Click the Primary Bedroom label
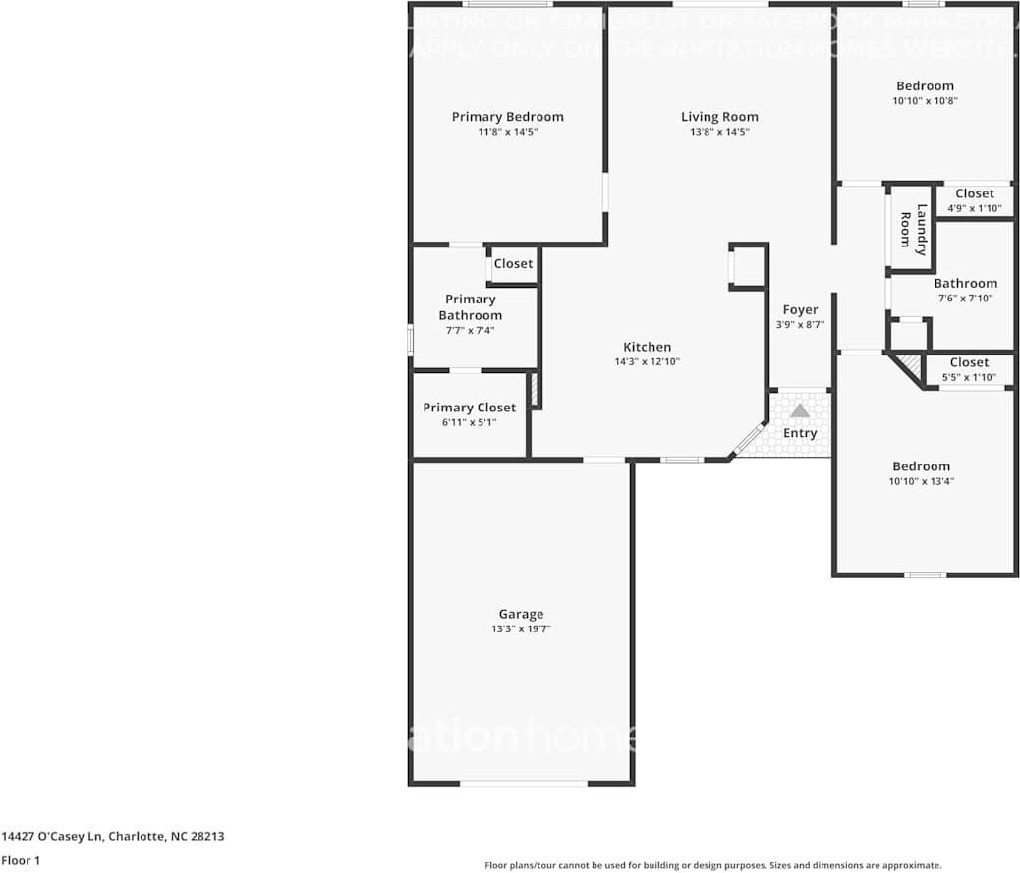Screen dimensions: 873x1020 507,117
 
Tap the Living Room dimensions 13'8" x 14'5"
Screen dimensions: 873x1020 719,132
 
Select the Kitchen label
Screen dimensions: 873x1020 647,347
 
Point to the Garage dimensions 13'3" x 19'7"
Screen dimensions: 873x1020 520,629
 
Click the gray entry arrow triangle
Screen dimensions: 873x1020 800,410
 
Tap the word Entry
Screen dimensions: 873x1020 800,433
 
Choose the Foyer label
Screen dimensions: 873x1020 800,310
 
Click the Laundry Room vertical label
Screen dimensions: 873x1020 913,230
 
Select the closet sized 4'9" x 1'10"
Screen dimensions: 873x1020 974,201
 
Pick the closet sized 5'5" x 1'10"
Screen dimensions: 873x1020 969,370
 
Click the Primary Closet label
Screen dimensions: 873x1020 469,408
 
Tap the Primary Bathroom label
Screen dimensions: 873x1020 470,307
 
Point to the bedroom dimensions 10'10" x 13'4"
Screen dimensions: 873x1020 921,481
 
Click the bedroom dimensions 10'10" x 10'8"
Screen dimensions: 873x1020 925,100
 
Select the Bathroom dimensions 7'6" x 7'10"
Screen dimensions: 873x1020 965,299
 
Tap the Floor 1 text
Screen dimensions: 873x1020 22,860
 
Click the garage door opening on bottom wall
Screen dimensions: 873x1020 524,783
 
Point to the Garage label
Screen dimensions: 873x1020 520,615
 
